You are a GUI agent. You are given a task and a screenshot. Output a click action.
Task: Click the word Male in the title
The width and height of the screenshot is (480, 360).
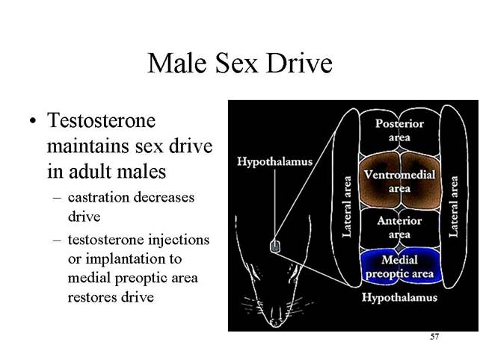pyautogui.click(x=177, y=63)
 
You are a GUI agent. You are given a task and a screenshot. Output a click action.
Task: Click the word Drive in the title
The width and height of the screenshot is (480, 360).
pyautogui.click(x=299, y=63)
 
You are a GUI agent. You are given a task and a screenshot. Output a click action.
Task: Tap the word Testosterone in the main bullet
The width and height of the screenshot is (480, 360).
pyautogui.click(x=102, y=120)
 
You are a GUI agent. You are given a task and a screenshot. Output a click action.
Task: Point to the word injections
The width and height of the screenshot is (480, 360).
pyautogui.click(x=179, y=240)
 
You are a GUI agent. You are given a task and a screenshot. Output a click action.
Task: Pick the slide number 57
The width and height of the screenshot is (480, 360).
pyautogui.click(x=434, y=337)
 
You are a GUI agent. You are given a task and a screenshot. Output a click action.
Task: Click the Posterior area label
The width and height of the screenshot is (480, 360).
pyautogui.click(x=399, y=130)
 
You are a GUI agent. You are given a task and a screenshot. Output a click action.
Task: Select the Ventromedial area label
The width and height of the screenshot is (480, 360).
pyautogui.click(x=399, y=181)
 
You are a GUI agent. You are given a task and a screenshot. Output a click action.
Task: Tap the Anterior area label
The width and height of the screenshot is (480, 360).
pyautogui.click(x=399, y=228)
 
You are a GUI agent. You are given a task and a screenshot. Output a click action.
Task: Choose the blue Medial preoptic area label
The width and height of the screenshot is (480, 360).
pyautogui.click(x=400, y=267)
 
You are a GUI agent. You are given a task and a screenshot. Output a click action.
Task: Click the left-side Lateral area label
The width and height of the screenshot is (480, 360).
pyautogui.click(x=346, y=207)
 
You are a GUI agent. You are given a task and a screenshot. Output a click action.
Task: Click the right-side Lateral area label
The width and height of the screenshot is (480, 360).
pyautogui.click(x=454, y=207)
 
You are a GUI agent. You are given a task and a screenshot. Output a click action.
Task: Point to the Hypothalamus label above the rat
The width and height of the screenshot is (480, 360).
pyautogui.click(x=275, y=161)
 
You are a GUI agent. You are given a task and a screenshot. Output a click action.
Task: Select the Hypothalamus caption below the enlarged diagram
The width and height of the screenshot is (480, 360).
pyautogui.click(x=399, y=297)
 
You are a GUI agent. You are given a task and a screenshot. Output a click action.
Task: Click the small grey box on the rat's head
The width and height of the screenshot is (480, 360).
pyautogui.click(x=275, y=246)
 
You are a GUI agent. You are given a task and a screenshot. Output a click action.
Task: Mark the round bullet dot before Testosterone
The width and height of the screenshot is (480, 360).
pyautogui.click(x=33, y=121)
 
